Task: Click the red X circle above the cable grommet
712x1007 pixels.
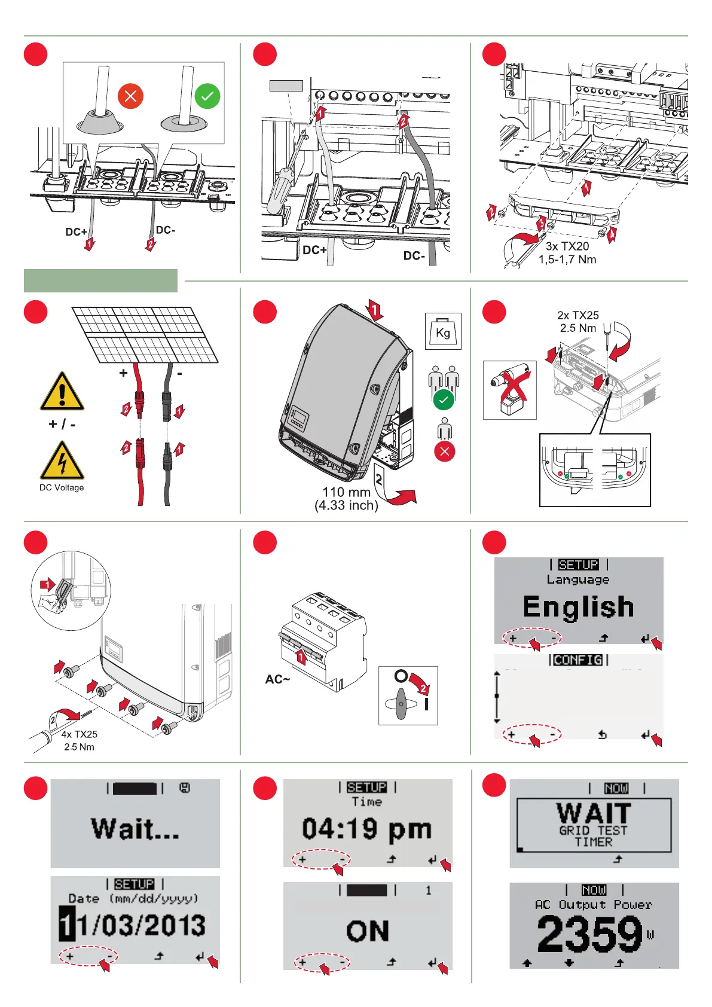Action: (130, 96)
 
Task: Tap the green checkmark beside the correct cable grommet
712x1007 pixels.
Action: (207, 96)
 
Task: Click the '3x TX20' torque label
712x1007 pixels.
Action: (567, 246)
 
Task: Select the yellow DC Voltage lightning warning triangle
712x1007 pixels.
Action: (62, 461)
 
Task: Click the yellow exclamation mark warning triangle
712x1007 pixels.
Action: (62, 392)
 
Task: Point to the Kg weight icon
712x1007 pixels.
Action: (443, 331)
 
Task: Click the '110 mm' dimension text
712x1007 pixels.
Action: (346, 492)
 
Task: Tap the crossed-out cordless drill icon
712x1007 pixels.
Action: (509, 390)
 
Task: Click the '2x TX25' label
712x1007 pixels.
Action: (577, 315)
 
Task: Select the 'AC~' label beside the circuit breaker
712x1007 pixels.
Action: (277, 679)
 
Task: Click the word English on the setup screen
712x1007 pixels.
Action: (578, 606)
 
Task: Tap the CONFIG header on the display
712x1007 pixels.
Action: (578, 660)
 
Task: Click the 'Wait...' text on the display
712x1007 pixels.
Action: (135, 829)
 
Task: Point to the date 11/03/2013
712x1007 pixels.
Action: (133, 925)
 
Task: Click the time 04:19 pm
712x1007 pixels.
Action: (366, 829)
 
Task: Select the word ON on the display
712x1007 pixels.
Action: (368, 931)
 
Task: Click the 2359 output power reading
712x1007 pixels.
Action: (589, 934)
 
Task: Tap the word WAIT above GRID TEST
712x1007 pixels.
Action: (594, 813)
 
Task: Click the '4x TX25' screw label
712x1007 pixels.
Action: (79, 734)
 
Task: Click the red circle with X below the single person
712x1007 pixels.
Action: (444, 451)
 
